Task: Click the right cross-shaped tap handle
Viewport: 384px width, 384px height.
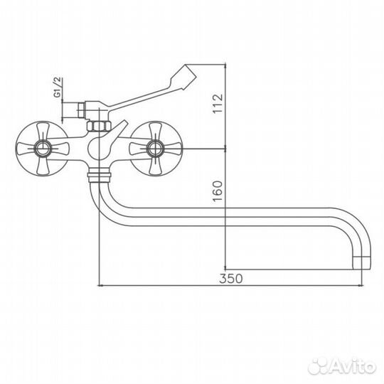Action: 154,149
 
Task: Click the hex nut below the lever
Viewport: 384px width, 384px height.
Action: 97,127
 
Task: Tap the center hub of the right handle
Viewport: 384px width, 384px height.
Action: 154,149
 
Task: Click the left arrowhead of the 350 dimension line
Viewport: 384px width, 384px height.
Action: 99,287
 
